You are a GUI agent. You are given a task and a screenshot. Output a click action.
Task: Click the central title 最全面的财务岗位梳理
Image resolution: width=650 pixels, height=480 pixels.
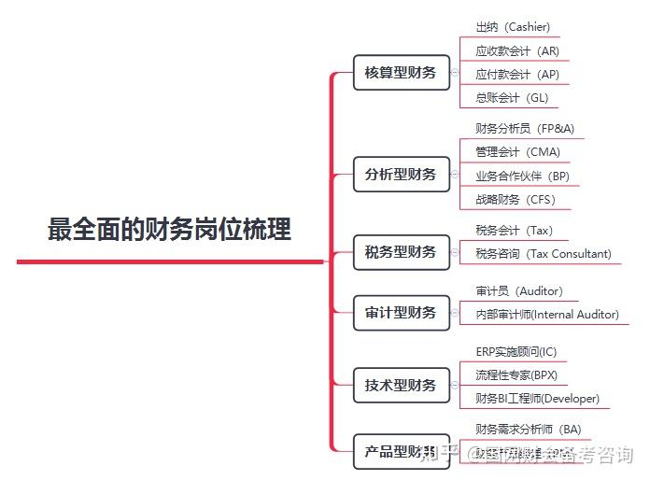pos(169,229)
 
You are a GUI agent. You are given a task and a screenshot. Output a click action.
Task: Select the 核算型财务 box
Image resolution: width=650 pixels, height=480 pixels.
pos(401,72)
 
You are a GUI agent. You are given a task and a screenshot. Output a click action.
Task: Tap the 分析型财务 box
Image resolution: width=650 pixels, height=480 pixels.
pos(401,175)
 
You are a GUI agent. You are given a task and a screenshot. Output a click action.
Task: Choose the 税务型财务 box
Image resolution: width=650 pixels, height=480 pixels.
pos(401,252)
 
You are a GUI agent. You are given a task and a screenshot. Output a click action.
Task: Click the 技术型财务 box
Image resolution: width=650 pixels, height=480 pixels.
pos(401,385)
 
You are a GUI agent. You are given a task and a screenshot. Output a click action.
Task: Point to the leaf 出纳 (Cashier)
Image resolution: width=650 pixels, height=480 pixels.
pos(513,27)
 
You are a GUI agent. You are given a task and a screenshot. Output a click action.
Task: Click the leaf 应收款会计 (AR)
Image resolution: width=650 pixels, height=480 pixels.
pos(517,51)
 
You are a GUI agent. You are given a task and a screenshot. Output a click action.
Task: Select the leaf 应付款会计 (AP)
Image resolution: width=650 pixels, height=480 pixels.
pos(517,75)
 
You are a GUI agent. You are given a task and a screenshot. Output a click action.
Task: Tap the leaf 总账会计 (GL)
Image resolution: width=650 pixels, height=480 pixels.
pos(512,98)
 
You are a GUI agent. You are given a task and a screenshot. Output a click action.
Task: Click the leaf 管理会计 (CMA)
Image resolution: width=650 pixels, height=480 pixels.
pos(517,152)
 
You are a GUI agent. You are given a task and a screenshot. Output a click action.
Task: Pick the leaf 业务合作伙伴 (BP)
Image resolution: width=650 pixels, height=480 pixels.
pos(522,176)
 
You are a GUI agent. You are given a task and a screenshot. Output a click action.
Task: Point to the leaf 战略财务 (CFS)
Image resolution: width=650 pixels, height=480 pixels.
pos(516,199)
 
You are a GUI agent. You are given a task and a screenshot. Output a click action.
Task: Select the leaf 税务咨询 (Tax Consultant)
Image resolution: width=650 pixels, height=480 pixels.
pos(544,253)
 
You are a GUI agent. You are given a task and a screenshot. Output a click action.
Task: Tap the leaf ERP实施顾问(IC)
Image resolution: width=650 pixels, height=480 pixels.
pos(516,352)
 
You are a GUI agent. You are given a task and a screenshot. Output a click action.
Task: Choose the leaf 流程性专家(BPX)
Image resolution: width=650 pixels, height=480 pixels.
pos(516,375)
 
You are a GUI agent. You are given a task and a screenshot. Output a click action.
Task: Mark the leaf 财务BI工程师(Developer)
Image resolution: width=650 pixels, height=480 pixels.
pos(537,399)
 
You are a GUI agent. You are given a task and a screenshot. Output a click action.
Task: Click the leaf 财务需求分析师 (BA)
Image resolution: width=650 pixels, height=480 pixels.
pos(529,430)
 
